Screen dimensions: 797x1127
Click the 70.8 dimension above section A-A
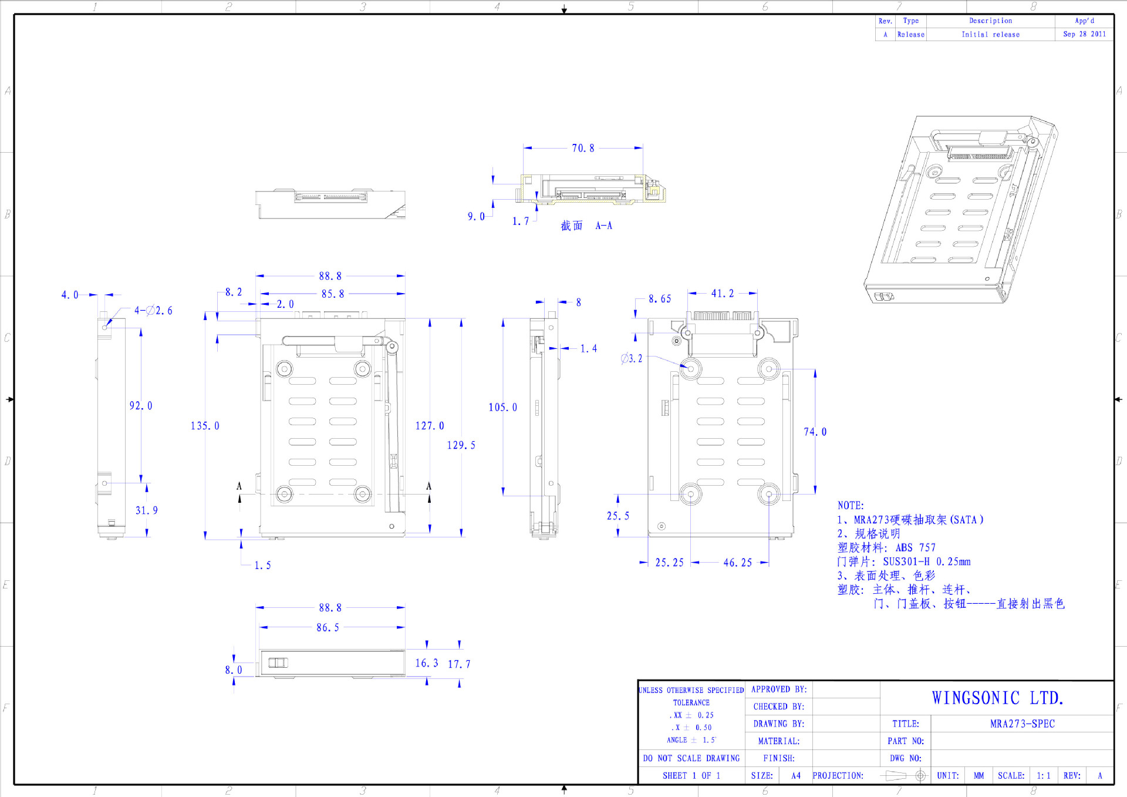(x=583, y=148)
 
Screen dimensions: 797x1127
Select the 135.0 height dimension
(x=205, y=426)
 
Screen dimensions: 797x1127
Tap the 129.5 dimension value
(x=461, y=445)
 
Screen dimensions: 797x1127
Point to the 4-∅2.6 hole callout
(x=153, y=310)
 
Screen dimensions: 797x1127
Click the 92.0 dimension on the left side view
(x=141, y=406)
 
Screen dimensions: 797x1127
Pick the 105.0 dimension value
(x=502, y=408)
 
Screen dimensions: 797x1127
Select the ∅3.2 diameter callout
(x=632, y=358)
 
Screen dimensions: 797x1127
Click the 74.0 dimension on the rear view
(x=815, y=432)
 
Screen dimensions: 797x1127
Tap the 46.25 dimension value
(x=737, y=563)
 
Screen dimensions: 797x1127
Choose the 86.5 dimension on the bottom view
(x=328, y=627)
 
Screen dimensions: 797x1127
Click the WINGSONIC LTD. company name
(x=997, y=698)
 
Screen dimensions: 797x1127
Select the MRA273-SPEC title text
(x=1022, y=724)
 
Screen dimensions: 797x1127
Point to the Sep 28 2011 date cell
(x=1084, y=34)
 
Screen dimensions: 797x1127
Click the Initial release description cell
(x=990, y=34)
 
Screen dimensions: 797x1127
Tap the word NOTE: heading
(x=851, y=505)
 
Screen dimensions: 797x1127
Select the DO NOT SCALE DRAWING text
(x=691, y=758)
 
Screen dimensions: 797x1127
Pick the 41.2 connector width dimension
(x=722, y=293)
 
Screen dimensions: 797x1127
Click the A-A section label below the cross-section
(x=603, y=226)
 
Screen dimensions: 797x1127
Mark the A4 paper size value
(x=795, y=775)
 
